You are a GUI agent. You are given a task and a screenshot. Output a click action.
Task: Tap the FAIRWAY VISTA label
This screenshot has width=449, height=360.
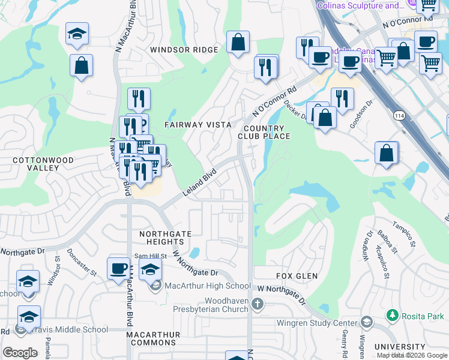click(197, 125)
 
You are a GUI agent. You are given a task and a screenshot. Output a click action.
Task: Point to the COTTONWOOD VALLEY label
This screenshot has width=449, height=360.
click(43, 164)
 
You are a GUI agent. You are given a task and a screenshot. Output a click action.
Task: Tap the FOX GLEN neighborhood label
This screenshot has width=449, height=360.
click(297, 276)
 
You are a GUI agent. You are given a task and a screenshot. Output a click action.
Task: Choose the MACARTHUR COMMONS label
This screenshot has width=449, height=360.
click(148, 338)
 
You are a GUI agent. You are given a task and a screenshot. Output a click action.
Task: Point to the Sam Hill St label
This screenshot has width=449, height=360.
click(148, 256)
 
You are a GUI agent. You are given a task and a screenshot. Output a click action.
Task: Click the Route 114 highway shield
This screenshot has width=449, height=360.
click(399, 115)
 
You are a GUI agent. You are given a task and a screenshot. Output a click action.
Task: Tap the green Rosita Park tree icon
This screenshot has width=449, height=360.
click(392, 315)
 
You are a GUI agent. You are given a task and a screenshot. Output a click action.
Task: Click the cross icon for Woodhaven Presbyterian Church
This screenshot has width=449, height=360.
click(257, 304)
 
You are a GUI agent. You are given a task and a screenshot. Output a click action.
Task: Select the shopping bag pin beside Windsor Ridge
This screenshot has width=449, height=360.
click(238, 43)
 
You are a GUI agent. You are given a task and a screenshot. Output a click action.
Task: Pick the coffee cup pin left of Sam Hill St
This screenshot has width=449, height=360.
click(118, 268)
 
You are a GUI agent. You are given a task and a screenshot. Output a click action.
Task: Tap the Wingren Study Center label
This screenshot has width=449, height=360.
click(316, 323)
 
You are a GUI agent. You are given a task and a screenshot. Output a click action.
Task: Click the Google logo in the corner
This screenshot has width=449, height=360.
click(20, 353)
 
